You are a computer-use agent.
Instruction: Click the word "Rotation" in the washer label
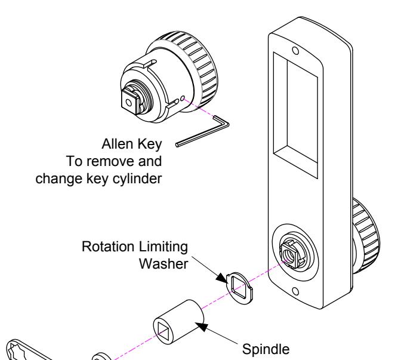(x=107, y=247)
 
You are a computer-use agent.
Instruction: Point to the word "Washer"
(x=163, y=264)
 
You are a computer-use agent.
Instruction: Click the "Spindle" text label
(x=266, y=350)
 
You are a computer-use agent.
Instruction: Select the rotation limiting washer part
(x=240, y=288)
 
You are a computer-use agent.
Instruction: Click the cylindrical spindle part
(x=178, y=322)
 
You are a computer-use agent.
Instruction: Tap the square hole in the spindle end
(x=163, y=330)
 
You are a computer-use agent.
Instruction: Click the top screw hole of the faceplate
(x=295, y=51)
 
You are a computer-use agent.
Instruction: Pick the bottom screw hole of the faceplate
(x=295, y=291)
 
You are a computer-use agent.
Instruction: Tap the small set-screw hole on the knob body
(x=183, y=99)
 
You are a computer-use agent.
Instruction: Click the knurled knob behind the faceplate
(x=366, y=236)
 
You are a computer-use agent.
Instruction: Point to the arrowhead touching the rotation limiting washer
(x=221, y=278)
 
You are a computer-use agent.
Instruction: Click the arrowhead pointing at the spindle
(x=202, y=327)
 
